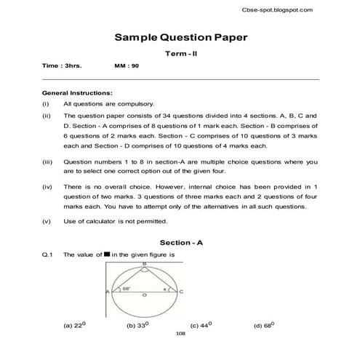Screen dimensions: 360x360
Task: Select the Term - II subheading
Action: tap(180, 55)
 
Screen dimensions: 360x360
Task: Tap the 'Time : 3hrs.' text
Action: tap(62, 66)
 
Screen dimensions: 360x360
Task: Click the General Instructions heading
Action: tap(78, 93)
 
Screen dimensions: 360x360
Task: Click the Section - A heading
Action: tap(180, 241)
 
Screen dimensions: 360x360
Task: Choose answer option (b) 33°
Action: tap(137, 325)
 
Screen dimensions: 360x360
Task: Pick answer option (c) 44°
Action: tap(200, 325)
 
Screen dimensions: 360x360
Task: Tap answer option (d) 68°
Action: tap(263, 325)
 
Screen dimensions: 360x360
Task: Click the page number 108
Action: tap(181, 335)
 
